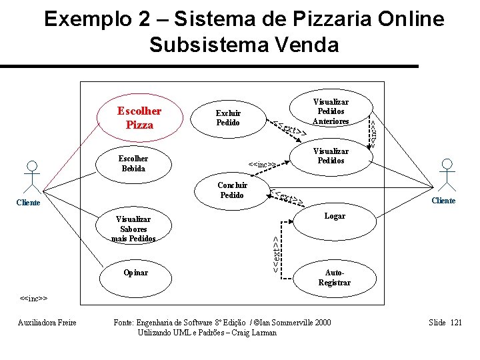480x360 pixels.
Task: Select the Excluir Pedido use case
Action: point(228,117)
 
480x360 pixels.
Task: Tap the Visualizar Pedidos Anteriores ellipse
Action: point(331,111)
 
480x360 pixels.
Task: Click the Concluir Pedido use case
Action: point(232,190)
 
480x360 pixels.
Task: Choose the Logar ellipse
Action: point(334,217)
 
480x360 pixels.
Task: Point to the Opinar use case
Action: point(136,273)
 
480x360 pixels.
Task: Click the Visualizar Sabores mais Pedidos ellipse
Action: point(133,229)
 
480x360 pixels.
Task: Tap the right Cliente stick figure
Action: point(445,176)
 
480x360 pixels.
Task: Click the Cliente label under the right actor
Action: point(443,201)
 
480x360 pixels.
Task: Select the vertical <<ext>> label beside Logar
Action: point(276,251)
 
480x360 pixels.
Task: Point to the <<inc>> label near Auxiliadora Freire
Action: point(33,298)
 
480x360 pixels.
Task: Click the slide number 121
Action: point(455,323)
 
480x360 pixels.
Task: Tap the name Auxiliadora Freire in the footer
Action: point(47,323)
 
